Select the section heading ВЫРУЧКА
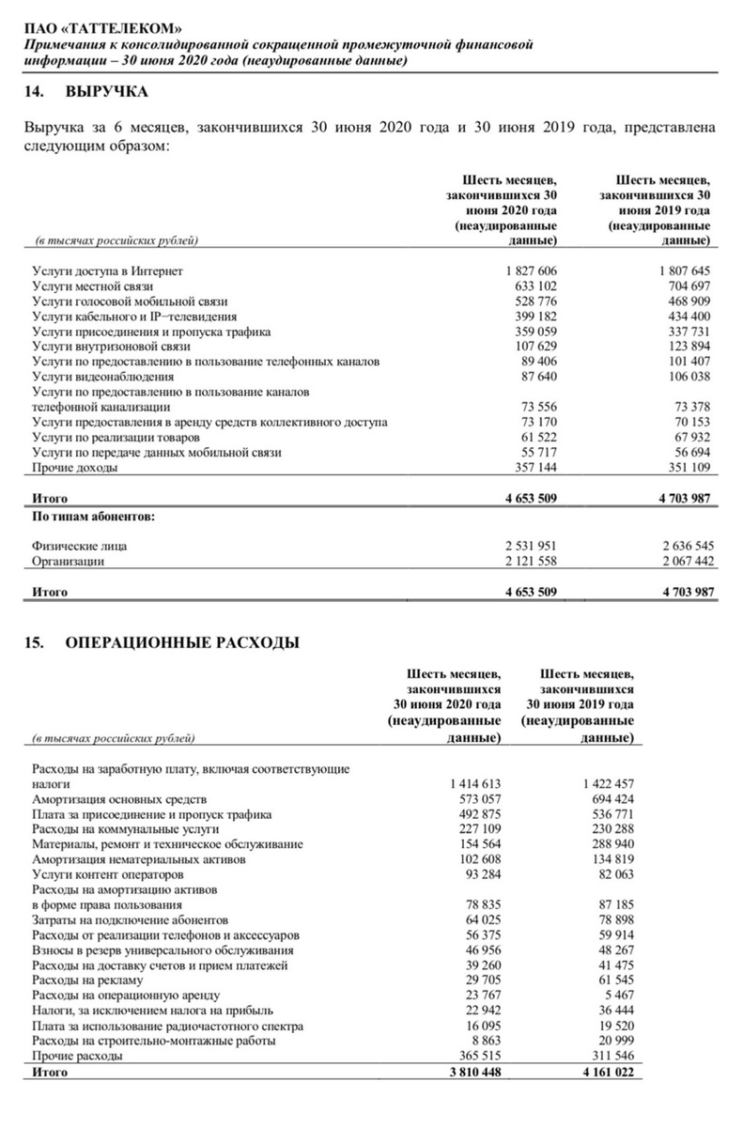pyautogui.click(x=107, y=93)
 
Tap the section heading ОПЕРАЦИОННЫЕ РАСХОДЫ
pyautogui.click(x=182, y=643)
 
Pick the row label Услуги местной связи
pyautogui.click(x=92, y=286)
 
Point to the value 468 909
pyautogui.click(x=688, y=301)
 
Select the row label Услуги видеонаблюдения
pyautogui.click(x=96, y=378)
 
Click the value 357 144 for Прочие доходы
pyautogui.click(x=534, y=469)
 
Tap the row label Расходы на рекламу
pyautogui.click(x=87, y=980)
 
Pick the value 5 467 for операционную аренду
pyautogui.click(x=618, y=996)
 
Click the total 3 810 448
pyautogui.click(x=472, y=1072)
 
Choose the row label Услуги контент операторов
pyautogui.click(x=106, y=874)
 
